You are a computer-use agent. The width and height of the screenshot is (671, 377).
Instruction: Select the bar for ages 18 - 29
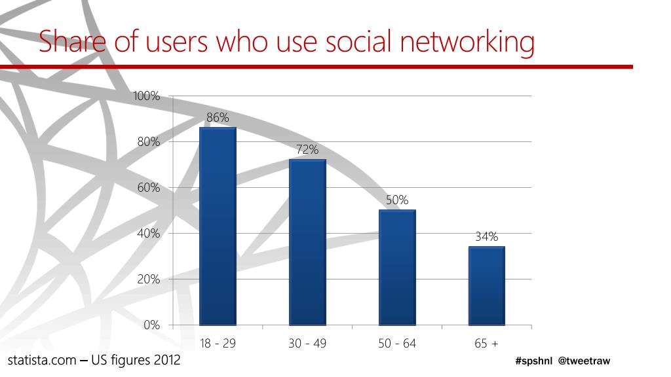click(218, 226)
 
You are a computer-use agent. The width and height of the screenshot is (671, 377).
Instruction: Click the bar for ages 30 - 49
click(307, 242)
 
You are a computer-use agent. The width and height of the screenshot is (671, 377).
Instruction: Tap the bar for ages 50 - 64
click(397, 267)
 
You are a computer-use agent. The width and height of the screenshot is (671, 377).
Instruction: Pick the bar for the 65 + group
click(486, 285)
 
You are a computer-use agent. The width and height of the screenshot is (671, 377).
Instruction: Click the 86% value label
click(218, 118)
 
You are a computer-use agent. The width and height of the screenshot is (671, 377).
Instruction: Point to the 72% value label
click(307, 150)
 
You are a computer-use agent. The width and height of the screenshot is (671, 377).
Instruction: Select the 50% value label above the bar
click(397, 200)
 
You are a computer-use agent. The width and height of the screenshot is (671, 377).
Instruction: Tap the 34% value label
click(487, 237)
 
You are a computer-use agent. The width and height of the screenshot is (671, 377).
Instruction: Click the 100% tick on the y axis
click(147, 96)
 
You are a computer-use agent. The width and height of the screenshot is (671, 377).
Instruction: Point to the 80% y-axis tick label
click(149, 142)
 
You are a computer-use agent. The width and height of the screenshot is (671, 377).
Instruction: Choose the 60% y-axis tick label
click(149, 188)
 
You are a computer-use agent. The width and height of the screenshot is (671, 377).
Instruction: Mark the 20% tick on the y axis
click(149, 279)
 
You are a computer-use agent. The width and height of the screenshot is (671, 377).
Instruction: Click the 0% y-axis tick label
click(152, 325)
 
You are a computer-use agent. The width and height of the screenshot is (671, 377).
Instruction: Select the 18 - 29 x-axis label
click(218, 344)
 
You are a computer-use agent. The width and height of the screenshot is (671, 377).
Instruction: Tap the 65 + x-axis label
click(487, 344)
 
